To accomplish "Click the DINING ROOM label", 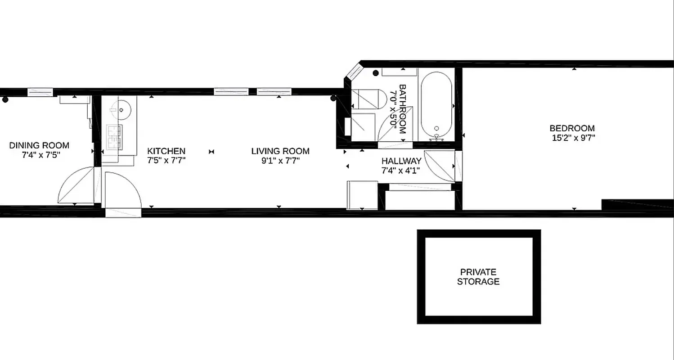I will pos(39,145).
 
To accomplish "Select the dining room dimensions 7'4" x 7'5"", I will pos(39,154).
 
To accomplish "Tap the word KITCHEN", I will pos(166,151).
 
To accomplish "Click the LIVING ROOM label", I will pos(280,151).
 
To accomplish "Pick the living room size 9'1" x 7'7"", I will pos(280,160).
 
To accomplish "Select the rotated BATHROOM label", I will pos(402,109).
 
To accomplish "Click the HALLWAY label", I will pos(401,161).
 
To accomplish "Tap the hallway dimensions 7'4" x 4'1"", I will pos(401,171).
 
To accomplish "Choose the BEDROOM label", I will pos(573,128).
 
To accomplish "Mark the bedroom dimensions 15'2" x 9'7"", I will pos(573,138).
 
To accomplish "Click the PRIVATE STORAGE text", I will pos(478,277).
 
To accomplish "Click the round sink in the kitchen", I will pos(121,109).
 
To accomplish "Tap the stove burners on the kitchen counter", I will pos(114,137).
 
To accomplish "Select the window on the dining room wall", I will pos(40,92).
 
